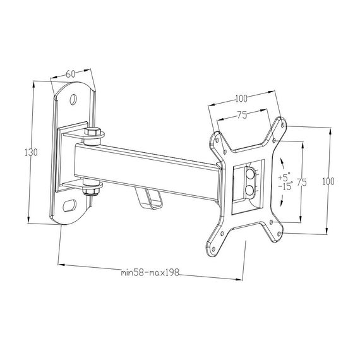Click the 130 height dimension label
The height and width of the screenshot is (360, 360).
tap(31, 152)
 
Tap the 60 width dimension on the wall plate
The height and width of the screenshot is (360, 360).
tap(71, 74)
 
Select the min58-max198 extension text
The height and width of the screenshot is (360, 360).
tap(150, 272)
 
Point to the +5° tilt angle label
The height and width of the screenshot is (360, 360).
tap(284, 177)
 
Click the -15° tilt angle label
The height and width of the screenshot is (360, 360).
tap(285, 185)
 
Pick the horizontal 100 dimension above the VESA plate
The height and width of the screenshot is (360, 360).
tap(241, 99)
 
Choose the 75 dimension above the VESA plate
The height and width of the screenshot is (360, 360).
tap(243, 115)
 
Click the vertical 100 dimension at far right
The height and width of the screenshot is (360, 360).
tap(328, 182)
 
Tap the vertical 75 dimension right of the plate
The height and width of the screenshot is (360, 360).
tap(302, 183)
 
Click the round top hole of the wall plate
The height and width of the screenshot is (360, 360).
tap(73, 99)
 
